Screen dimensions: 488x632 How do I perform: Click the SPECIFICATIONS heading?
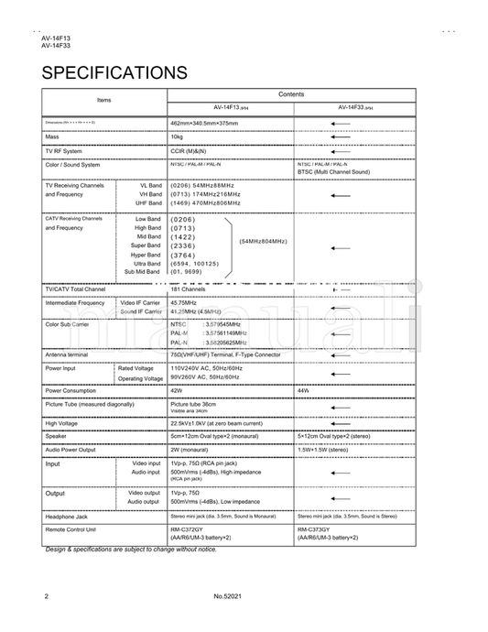(x=114, y=71)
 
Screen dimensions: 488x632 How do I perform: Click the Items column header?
(x=103, y=99)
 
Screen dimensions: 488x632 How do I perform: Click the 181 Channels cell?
(x=187, y=289)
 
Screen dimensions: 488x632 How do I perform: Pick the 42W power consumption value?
(x=177, y=390)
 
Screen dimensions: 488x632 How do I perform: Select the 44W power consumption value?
(x=304, y=390)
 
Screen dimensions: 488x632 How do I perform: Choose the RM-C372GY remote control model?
(x=187, y=529)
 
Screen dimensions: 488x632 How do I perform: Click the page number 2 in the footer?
(x=46, y=596)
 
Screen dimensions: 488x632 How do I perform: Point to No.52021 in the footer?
(x=226, y=596)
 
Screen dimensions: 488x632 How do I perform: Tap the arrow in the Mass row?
(x=341, y=136)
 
